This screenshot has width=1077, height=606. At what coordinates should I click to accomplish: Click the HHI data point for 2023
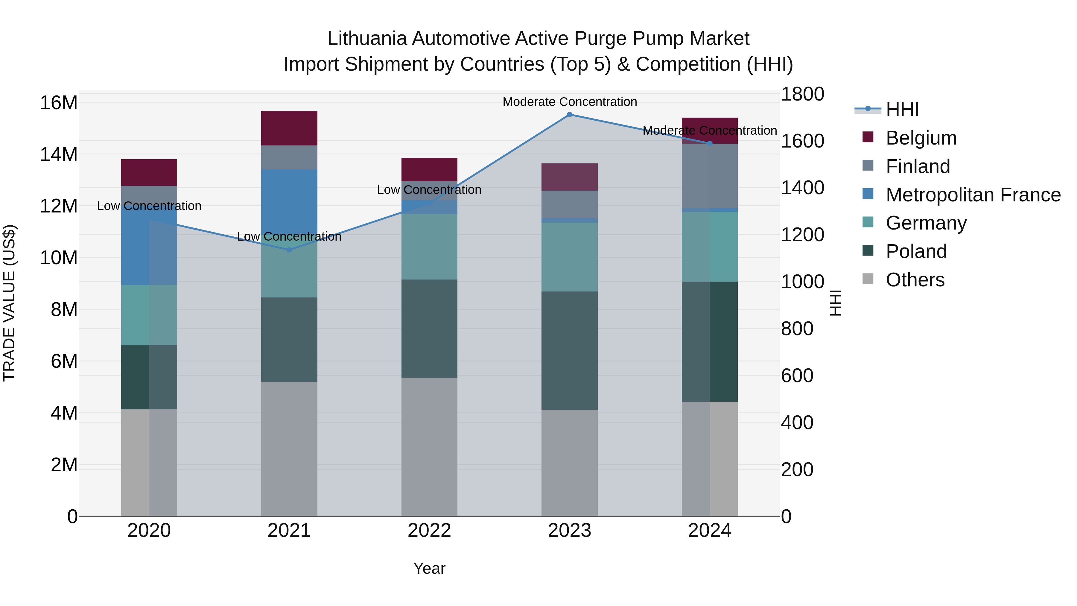point(569,115)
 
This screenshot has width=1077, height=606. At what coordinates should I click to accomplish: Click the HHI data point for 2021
point(289,250)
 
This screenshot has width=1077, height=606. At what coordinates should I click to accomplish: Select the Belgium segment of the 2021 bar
point(289,128)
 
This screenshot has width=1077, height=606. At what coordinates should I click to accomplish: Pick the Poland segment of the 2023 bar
point(569,350)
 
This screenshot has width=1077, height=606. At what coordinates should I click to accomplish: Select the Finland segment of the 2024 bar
point(710,176)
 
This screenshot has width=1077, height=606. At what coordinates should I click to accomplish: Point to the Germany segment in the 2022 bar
point(429,247)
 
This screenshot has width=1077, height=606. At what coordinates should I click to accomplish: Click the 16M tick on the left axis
point(59,103)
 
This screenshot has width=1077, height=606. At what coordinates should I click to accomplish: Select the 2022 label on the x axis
point(429,531)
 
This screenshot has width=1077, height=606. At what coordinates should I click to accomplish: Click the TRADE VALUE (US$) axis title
point(9,303)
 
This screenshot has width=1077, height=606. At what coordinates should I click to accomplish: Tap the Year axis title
point(429,568)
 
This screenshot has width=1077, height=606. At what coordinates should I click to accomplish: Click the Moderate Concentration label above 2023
point(569,102)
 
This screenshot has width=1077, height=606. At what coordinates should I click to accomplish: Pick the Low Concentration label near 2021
point(289,237)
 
